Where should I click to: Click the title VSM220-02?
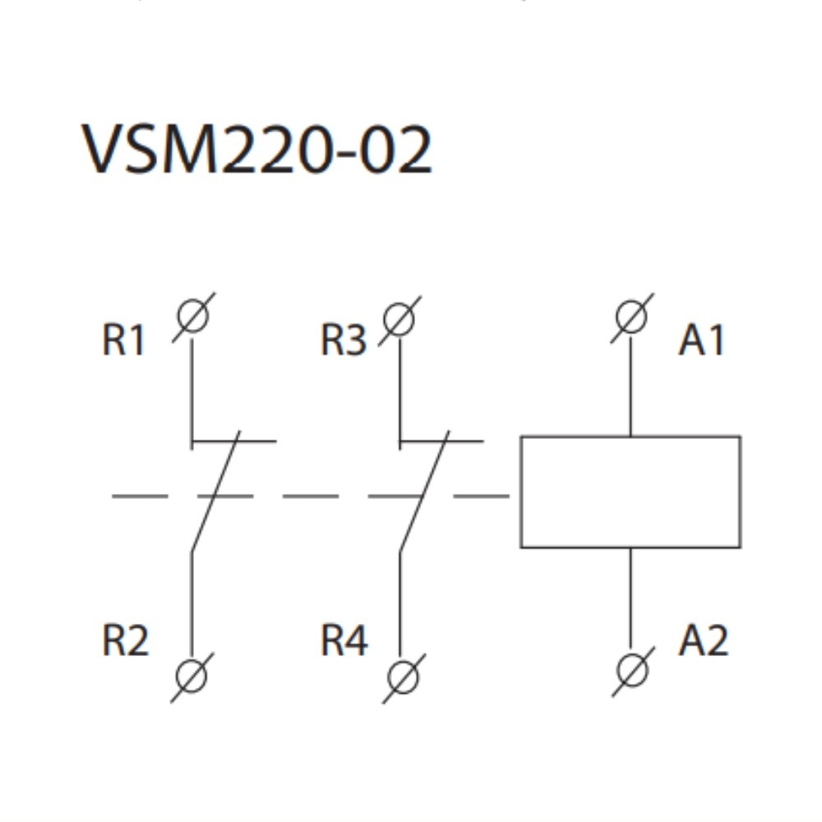[x=256, y=150]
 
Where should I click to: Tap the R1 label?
[x=123, y=339]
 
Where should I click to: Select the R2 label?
[x=125, y=640]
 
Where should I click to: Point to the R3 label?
[x=343, y=339]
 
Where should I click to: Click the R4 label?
[x=344, y=640]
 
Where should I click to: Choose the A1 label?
[x=703, y=339]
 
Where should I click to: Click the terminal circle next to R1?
[x=192, y=316]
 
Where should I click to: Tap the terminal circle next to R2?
[x=192, y=676]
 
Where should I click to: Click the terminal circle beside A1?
[x=631, y=316]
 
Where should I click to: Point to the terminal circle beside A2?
[x=632, y=670]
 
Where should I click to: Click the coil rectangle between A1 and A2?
[x=630, y=492]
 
